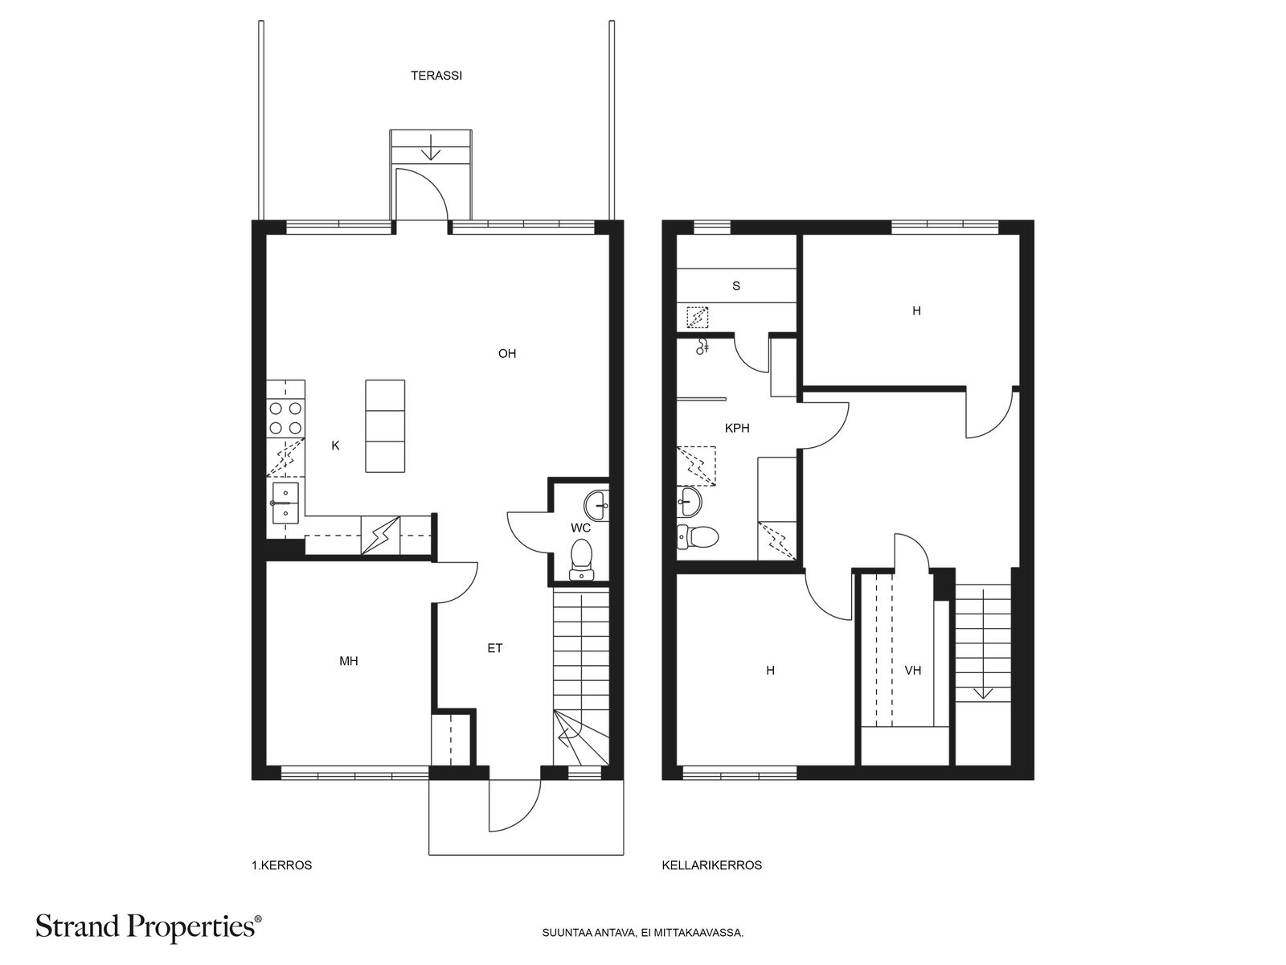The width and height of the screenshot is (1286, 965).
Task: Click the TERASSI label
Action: pos(436,76)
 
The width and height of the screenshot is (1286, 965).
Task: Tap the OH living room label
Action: pos(507,353)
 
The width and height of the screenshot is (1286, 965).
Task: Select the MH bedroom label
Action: pos(349,661)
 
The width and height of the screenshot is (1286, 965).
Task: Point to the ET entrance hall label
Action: pos(495,648)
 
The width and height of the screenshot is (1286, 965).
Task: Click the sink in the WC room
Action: pos(596,505)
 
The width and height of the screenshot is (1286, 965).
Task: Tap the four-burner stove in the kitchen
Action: pos(286,418)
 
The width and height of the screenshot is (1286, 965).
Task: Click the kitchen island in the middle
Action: pos(385,426)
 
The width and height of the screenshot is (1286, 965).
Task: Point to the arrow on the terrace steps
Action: pos(432,147)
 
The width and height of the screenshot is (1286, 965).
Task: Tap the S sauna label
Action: pos(736,286)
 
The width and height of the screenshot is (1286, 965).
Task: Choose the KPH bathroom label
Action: pos(737,429)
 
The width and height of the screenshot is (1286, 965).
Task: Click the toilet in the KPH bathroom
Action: pos(698,536)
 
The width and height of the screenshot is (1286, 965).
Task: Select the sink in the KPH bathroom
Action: pos(690,502)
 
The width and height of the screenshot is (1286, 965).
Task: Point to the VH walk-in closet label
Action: pos(913,671)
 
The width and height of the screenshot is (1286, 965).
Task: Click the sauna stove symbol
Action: pos(697,318)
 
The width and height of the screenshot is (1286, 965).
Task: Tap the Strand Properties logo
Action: pos(149,927)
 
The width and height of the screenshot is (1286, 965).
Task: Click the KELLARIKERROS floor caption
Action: pos(712,865)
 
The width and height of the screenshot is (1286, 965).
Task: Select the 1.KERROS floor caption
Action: pos(282,865)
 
